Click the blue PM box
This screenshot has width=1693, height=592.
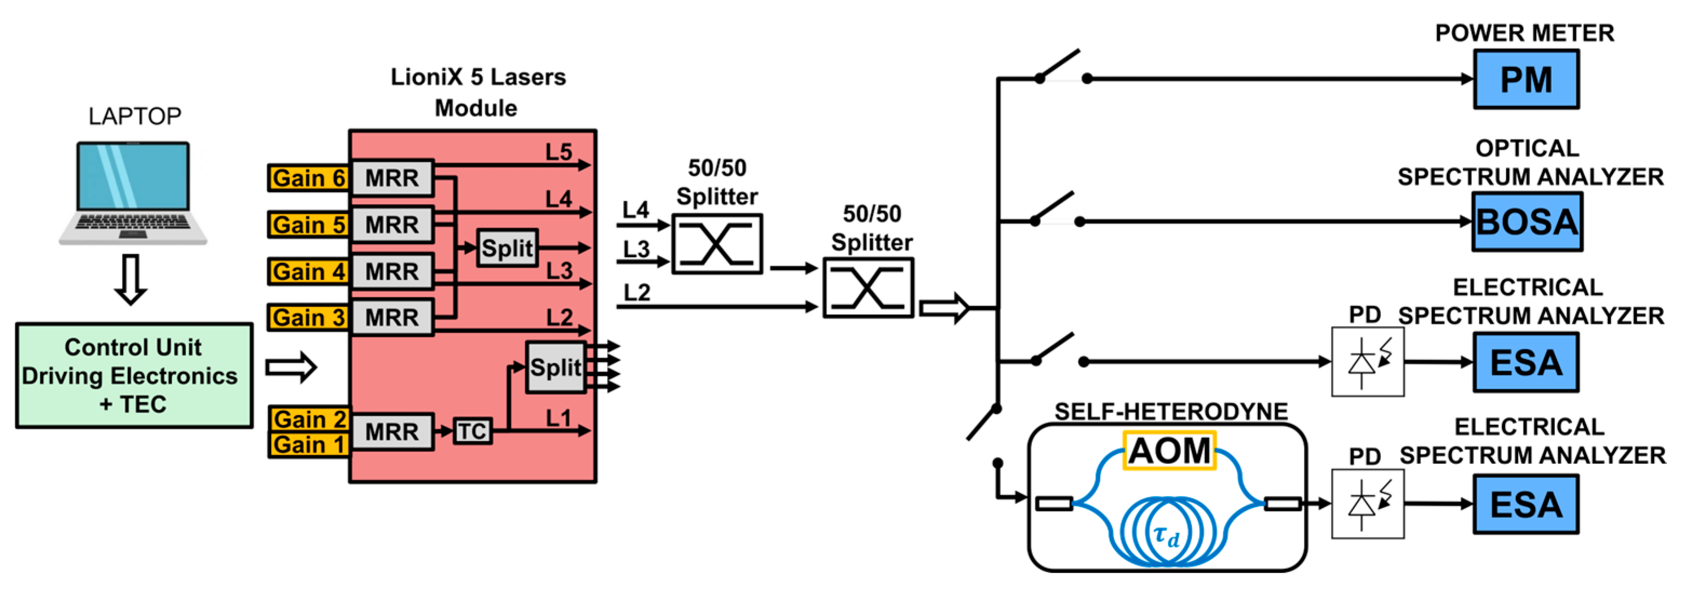(x=1526, y=79)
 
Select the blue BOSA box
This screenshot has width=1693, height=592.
(x=1526, y=222)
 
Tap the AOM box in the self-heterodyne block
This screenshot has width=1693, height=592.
(x=1169, y=450)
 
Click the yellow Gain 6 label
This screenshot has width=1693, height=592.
(x=308, y=177)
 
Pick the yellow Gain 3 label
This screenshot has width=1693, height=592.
(x=308, y=317)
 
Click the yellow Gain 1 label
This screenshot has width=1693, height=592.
(x=308, y=444)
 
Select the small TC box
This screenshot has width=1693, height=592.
(x=472, y=431)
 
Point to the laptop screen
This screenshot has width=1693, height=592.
(x=133, y=176)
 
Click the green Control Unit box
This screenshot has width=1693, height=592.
(x=134, y=376)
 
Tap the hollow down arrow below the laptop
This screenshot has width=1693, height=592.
(x=131, y=279)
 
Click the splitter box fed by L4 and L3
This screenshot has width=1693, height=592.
(x=717, y=244)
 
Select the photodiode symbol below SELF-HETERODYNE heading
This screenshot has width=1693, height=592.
(x=1367, y=504)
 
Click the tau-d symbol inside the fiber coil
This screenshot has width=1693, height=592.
(x=1166, y=535)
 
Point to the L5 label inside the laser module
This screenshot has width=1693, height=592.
(x=558, y=152)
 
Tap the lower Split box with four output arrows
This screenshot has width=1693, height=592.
(x=555, y=367)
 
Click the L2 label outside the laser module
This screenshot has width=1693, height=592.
(x=636, y=292)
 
